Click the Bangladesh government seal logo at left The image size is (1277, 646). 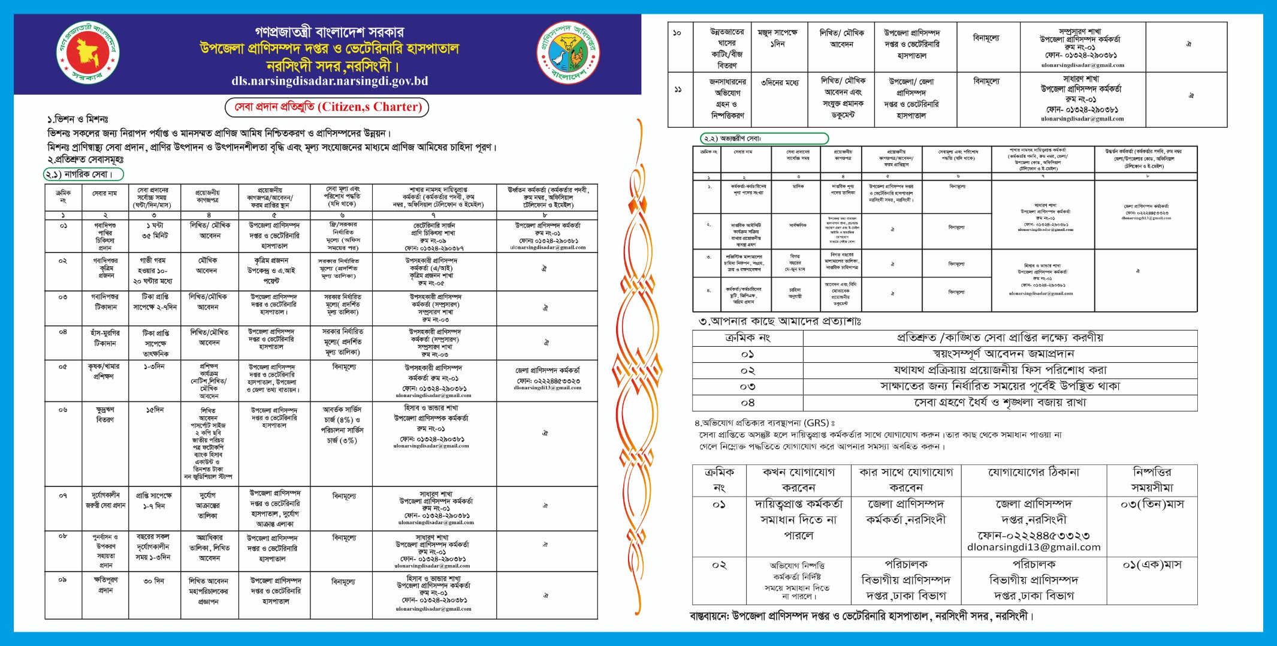coord(88,53)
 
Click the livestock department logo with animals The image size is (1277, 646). coord(567,53)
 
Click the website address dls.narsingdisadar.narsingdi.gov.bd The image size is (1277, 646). coord(330,81)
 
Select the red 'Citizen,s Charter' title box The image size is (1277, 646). coord(327,107)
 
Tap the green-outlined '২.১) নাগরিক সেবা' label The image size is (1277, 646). coord(83,175)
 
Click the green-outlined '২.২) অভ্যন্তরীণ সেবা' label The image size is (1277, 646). coord(764,139)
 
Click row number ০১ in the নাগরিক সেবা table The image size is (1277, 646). coord(63,226)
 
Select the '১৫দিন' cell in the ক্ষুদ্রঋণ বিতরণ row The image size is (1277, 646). coord(155,410)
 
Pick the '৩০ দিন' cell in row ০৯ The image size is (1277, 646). coord(154,581)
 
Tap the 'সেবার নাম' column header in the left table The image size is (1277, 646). coord(105,193)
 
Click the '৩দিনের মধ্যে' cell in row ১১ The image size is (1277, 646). coord(780,83)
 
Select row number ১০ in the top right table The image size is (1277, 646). coord(677,33)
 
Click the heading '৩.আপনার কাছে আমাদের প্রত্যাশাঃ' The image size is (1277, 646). coord(780,322)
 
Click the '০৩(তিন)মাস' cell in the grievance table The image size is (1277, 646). coord(1152,504)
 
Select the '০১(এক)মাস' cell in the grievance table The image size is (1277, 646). coord(1152,565)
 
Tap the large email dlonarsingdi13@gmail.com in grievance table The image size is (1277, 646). coord(1034,547)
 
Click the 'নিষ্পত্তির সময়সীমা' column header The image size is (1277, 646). coord(1152,480)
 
